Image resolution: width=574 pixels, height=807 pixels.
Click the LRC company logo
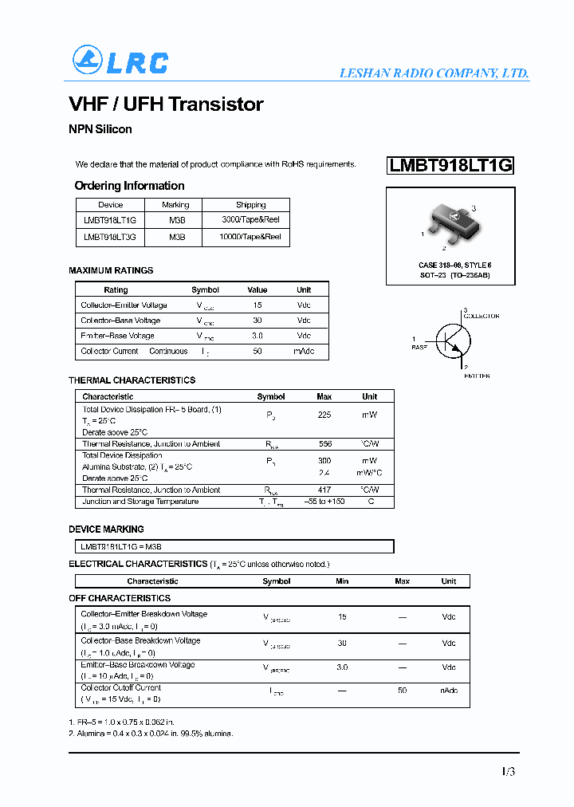120,61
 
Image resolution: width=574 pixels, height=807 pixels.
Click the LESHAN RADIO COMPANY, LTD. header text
434,73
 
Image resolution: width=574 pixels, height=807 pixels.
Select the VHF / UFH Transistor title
166,104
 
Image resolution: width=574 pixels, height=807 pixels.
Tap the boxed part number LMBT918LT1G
450,166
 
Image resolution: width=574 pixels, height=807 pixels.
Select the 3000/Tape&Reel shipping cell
250,219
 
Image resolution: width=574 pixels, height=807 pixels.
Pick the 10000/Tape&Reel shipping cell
250,237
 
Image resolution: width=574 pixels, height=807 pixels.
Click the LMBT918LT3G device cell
110,237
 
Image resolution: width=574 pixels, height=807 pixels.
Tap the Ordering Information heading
129,186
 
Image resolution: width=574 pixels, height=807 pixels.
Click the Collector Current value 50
257,351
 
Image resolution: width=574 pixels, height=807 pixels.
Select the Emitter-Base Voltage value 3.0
257,336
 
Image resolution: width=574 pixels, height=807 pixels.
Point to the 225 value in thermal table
324,415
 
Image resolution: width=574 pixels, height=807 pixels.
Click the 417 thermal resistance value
324,490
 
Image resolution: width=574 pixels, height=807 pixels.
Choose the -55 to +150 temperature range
324,502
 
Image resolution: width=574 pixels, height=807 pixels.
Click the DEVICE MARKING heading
106,529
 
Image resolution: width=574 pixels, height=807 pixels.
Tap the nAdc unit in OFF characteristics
449,691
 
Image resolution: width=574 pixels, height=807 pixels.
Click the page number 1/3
509,771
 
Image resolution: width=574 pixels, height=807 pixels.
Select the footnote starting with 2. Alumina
151,733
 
